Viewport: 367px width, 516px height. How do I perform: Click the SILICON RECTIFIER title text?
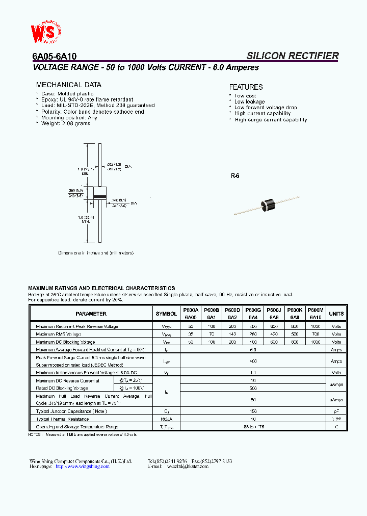coord(292,56)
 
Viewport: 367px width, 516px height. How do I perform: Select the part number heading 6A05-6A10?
coord(51,57)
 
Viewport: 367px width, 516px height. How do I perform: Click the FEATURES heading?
coord(246,87)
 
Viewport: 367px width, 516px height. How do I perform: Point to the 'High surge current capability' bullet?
coord(271,120)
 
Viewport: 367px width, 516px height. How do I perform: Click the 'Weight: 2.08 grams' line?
coord(65,123)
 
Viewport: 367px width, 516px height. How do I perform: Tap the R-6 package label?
coord(235,176)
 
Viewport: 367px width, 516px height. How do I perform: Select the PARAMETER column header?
coord(91,314)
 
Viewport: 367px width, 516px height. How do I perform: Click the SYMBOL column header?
coord(166,314)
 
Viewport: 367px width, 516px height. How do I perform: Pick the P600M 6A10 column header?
coord(316,313)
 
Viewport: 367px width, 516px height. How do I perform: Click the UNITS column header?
coord(336,314)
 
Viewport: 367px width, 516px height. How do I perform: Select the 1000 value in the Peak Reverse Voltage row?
coord(316,326)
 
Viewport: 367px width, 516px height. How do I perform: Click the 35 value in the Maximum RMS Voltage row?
coord(191,334)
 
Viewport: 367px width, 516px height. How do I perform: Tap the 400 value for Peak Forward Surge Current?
coord(253,361)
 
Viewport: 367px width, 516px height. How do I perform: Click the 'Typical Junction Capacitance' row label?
coord(71,411)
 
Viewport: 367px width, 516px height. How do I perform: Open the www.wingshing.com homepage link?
coord(82,466)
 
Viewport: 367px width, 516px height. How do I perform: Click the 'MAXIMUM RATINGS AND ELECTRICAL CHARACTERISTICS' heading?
coord(101,288)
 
